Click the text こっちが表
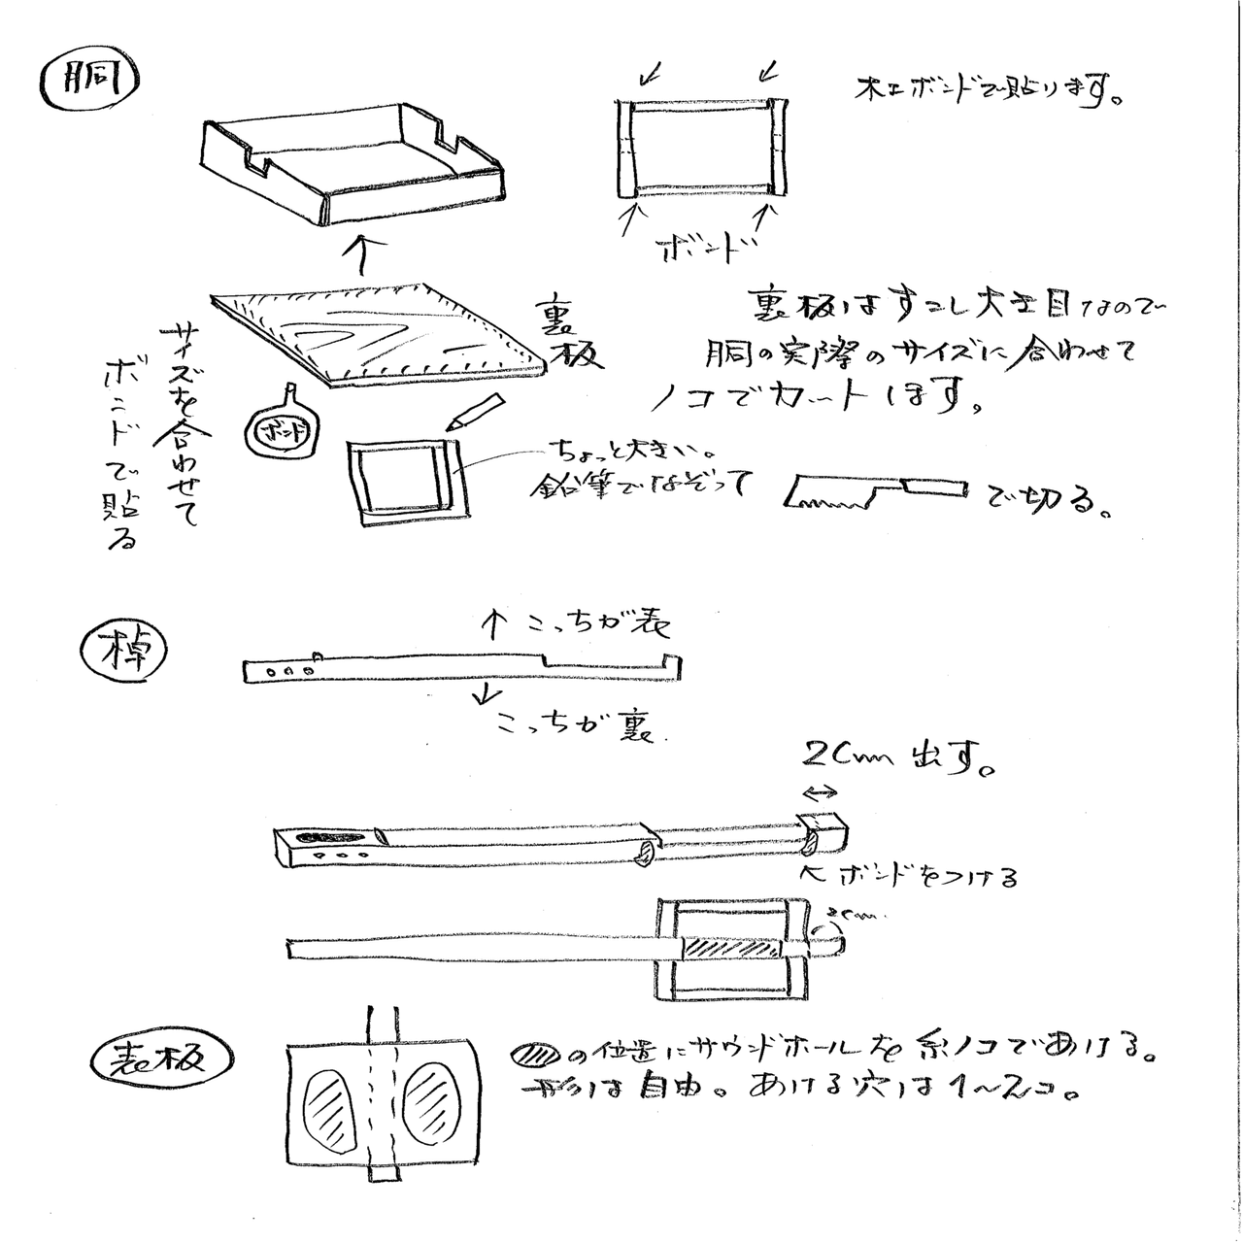click(573, 626)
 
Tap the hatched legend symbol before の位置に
click(536, 1055)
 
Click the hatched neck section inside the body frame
click(729, 945)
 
